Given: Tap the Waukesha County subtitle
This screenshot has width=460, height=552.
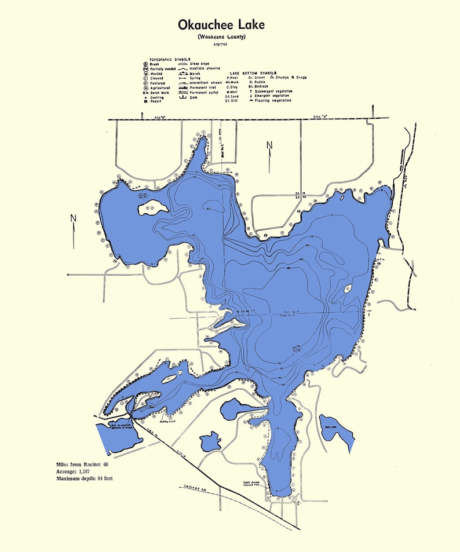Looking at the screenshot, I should pos(221,36).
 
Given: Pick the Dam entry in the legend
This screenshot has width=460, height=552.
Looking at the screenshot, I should pos(194,97).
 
